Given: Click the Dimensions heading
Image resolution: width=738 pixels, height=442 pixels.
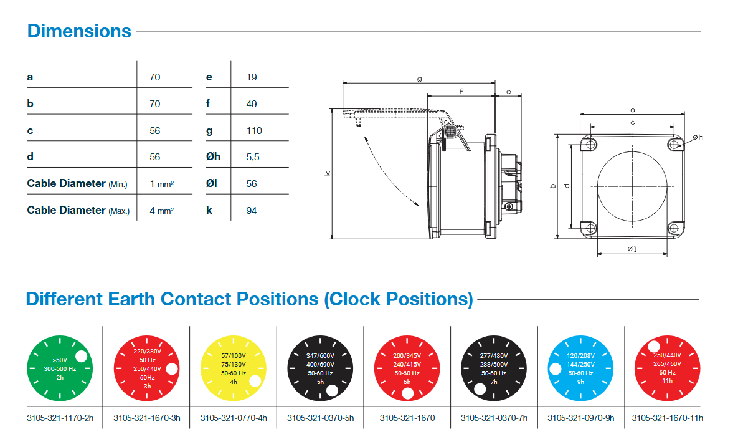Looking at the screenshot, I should (79, 31).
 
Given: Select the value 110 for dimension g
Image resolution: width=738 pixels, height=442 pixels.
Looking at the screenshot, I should (254, 131).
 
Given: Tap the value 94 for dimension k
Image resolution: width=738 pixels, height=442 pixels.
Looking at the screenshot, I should (252, 211).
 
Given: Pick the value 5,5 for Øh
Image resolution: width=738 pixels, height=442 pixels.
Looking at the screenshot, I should (252, 157).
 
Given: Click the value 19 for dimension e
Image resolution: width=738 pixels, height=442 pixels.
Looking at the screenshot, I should (252, 77).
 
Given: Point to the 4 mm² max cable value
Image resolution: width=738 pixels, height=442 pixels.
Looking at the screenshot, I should (162, 211).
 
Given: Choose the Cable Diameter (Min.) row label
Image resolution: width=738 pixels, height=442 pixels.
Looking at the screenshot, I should (77, 184).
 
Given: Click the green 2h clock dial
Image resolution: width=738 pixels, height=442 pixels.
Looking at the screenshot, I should (60, 368).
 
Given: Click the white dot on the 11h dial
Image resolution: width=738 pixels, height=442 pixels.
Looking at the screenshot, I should (654, 347).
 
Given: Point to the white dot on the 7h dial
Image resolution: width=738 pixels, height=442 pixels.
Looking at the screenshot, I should (480, 390).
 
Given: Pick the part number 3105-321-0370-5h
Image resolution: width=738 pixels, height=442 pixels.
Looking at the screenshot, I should (320, 418).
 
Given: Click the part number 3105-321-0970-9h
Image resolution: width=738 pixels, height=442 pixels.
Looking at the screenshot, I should (581, 418).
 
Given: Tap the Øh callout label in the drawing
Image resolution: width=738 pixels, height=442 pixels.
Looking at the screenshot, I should (698, 138).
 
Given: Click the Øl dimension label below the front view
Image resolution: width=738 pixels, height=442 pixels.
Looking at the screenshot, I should (632, 249).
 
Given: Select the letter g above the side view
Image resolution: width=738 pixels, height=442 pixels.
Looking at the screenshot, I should (419, 79).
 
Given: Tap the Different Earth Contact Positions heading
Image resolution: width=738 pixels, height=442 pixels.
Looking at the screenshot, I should (249, 299).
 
